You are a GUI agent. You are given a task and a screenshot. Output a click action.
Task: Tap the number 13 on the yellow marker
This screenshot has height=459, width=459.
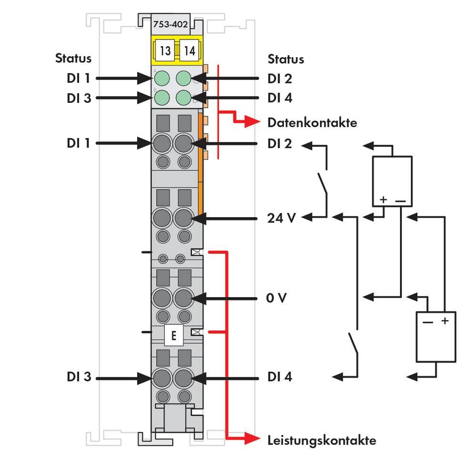pyautogui.click(x=165, y=50)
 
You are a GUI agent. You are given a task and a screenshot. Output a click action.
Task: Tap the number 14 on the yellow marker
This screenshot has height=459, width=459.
pyautogui.click(x=190, y=50)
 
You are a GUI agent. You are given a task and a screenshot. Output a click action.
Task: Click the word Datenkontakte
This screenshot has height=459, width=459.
pyautogui.click(x=312, y=123)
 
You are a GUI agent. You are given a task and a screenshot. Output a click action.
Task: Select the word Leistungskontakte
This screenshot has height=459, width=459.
pyautogui.click(x=321, y=440)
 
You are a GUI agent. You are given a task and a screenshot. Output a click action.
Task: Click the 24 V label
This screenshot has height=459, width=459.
pyautogui.click(x=281, y=218)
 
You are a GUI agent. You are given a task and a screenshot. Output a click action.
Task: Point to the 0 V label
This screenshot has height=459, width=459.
pyautogui.click(x=277, y=298)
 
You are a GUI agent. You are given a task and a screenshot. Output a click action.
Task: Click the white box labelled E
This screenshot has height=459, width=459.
pyautogui.click(x=173, y=336)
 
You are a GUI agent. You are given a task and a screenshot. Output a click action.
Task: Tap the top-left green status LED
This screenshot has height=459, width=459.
pyautogui.click(x=163, y=78)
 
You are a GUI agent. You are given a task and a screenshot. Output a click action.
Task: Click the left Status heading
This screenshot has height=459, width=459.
pyautogui.click(x=73, y=59)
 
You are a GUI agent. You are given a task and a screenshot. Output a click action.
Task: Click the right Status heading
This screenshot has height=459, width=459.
pyautogui.click(x=286, y=59)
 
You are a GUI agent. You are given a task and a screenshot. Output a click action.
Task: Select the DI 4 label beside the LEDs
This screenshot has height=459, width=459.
pyautogui.click(x=280, y=98)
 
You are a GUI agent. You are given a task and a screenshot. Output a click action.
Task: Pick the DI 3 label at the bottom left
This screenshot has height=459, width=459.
pyautogui.click(x=79, y=377)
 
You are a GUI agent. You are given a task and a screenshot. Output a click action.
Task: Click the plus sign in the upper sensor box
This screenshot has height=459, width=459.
pyautogui.click(x=384, y=200)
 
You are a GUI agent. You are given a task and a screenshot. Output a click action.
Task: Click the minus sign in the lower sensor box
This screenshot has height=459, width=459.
pyautogui.click(x=427, y=322)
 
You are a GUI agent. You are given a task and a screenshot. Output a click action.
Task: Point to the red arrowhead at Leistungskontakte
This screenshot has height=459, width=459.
pyautogui.click(x=253, y=439)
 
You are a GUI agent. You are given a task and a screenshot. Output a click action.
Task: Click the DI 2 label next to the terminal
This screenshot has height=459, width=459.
pyautogui.click(x=280, y=143)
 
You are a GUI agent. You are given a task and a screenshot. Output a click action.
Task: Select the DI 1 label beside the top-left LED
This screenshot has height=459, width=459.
pyautogui.click(x=79, y=78)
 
